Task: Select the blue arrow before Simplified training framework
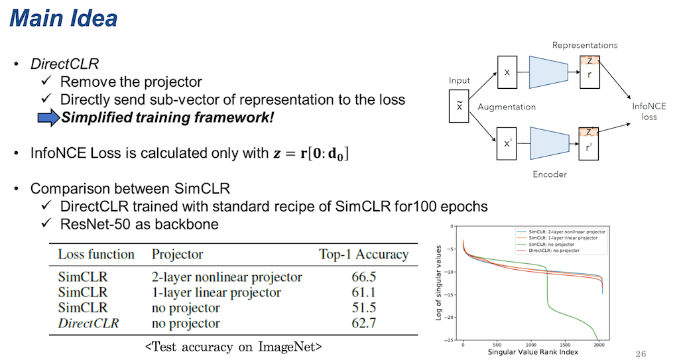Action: point(47,118)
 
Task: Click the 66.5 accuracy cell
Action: point(364,277)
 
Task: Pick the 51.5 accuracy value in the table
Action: point(364,308)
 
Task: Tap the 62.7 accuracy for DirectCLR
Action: point(364,324)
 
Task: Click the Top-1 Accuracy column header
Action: point(363,255)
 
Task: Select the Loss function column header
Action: point(96,255)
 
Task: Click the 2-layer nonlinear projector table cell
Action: point(227,277)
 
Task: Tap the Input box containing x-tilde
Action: point(459,107)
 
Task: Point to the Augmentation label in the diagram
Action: point(507,107)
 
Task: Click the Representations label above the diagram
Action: point(585,45)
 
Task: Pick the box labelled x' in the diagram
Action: point(507,144)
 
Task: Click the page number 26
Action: point(640,353)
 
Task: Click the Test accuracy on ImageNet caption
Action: point(234,346)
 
